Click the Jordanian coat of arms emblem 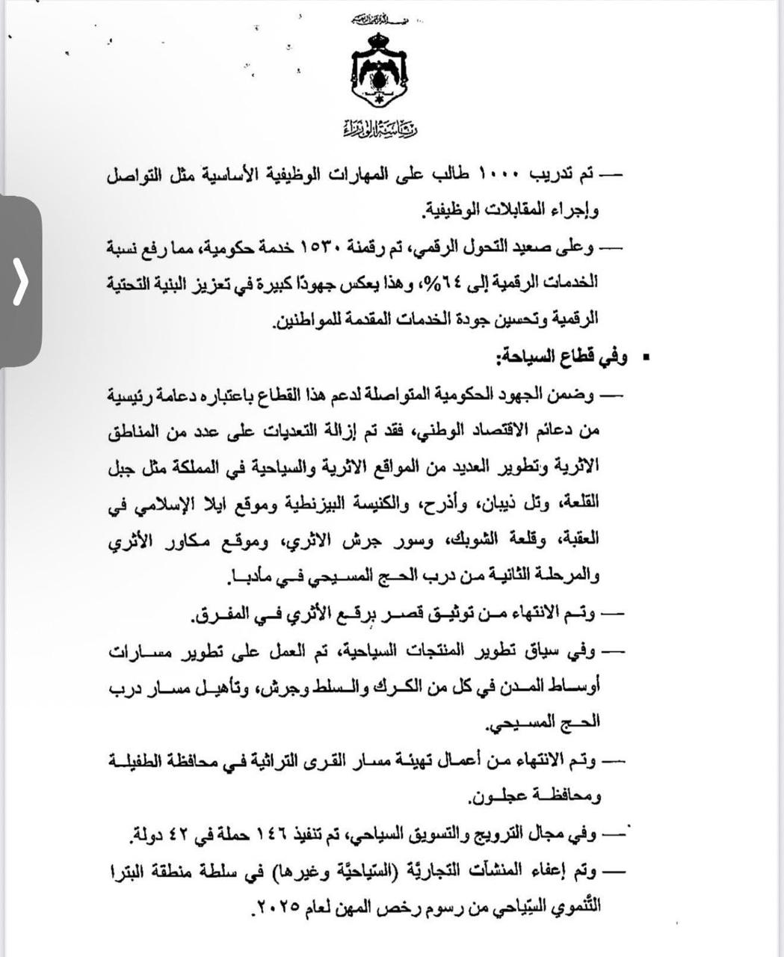377,73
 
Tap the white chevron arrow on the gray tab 20,282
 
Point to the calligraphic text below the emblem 379,129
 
